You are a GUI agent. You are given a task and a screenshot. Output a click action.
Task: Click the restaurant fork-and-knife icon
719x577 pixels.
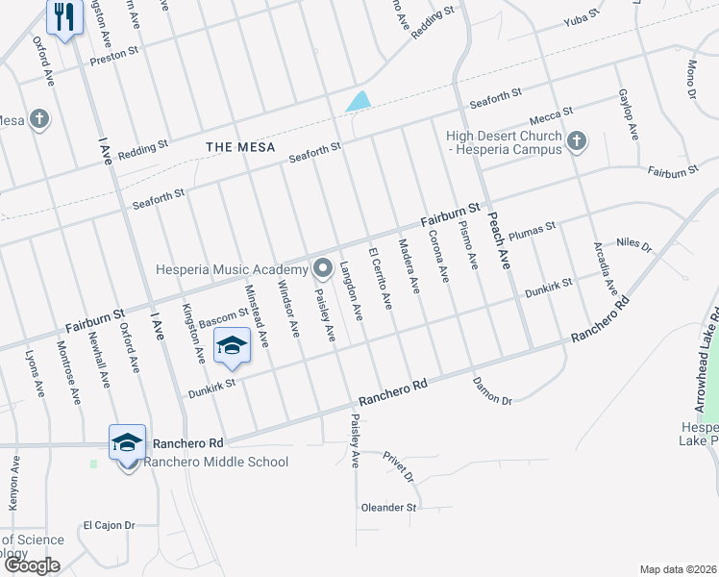click(63, 16)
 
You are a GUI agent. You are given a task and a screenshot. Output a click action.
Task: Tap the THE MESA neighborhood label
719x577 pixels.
click(240, 147)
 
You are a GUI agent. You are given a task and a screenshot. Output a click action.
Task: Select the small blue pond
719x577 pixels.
click(358, 101)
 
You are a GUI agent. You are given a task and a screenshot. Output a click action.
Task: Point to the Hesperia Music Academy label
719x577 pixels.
click(232, 269)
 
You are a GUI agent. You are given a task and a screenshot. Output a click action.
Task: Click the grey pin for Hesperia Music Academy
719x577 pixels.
click(322, 268)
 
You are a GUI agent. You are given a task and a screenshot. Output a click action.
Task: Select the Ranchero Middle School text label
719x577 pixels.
click(215, 462)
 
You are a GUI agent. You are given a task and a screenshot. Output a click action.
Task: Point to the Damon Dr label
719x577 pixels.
click(492, 390)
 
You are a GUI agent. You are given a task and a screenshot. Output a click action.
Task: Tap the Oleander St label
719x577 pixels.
click(388, 507)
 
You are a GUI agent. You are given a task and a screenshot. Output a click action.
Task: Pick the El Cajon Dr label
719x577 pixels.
click(108, 525)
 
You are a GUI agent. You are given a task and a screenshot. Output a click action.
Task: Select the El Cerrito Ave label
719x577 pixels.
click(380, 279)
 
